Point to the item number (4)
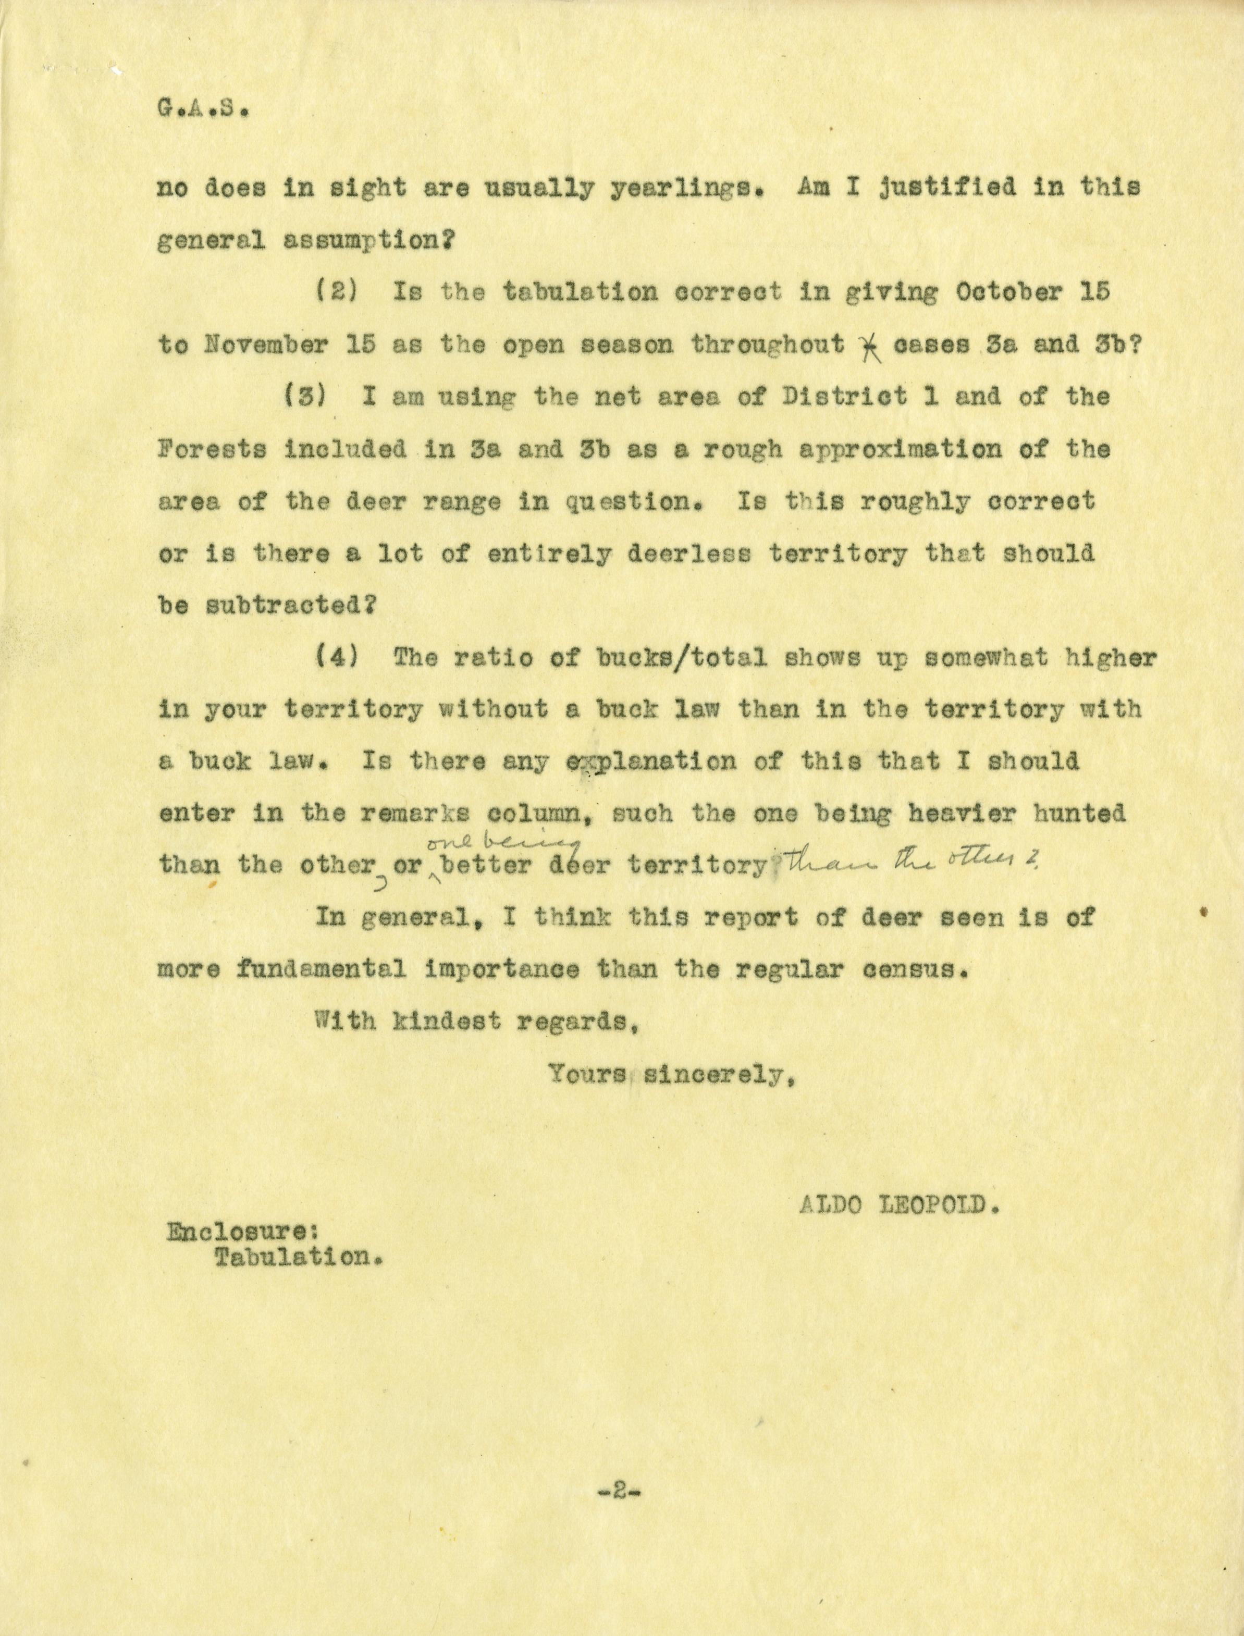pyautogui.click(x=338, y=658)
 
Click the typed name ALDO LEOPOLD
pyautogui.click(x=894, y=1206)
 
